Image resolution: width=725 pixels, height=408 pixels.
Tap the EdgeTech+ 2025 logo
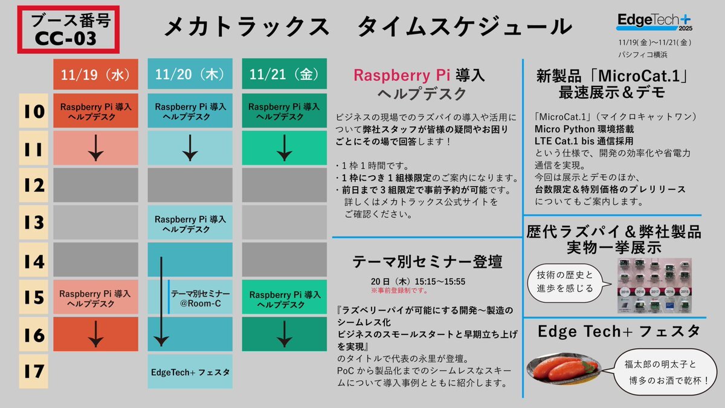click(x=655, y=22)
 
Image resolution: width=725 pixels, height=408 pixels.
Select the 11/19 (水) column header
click(x=95, y=75)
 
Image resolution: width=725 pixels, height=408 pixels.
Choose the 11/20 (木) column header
click(x=190, y=75)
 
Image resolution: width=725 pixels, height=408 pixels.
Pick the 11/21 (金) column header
click(x=284, y=75)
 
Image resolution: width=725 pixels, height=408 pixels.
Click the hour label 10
click(x=35, y=111)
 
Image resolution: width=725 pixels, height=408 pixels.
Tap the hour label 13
click(x=35, y=222)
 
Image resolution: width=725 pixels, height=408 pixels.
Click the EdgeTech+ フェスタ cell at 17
click(x=190, y=372)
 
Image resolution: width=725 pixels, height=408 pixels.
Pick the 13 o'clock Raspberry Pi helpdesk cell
click(x=190, y=223)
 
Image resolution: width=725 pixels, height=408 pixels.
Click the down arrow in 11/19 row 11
click(x=95, y=148)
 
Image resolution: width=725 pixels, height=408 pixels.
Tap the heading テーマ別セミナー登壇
click(x=427, y=262)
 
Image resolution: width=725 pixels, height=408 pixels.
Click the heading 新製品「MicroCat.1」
click(x=613, y=77)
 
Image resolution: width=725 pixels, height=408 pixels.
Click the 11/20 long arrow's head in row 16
click(x=161, y=341)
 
